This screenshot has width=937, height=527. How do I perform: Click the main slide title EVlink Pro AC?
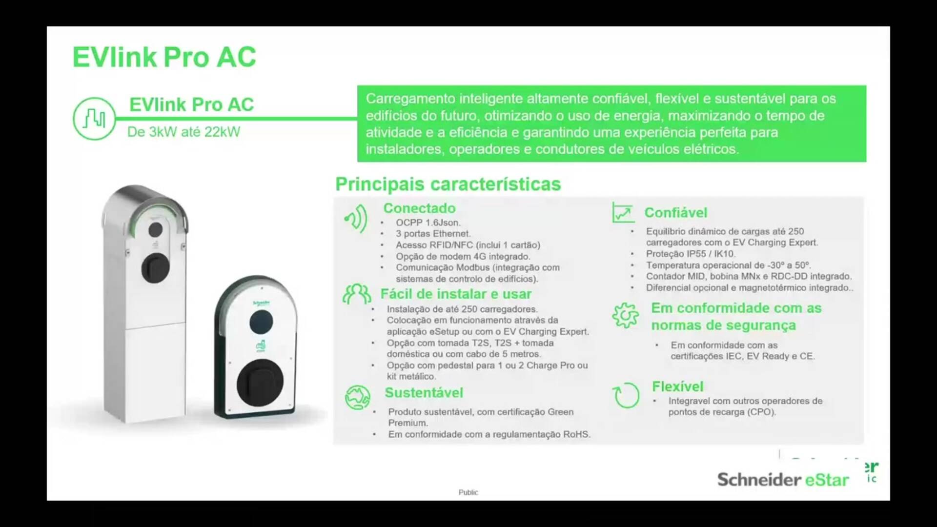[x=164, y=57]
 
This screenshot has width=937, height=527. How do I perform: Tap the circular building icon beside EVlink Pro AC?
[x=94, y=119]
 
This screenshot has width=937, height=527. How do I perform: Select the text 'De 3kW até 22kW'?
[x=183, y=132]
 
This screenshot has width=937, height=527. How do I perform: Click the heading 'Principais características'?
[x=448, y=184]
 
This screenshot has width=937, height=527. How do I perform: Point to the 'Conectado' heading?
[x=419, y=208]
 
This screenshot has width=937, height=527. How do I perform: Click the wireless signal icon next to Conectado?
[x=356, y=218]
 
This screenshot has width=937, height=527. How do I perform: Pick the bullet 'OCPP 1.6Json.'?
[x=428, y=223]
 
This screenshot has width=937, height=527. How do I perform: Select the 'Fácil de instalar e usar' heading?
[x=456, y=294]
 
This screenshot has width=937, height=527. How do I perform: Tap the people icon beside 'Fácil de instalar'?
[x=357, y=294]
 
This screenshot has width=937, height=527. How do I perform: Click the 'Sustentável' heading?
[x=424, y=392]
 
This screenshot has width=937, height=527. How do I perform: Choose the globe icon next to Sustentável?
[x=357, y=397]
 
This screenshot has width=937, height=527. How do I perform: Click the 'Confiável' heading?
[x=675, y=212]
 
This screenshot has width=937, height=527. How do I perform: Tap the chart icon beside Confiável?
[x=623, y=213]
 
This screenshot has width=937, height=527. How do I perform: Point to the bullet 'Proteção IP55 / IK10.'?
[x=691, y=254]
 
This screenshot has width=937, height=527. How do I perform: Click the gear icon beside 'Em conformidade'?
[x=625, y=315]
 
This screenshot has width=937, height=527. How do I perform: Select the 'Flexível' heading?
[x=677, y=386]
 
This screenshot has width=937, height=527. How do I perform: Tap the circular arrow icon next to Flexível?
[x=626, y=395]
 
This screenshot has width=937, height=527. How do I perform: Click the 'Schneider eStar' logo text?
[x=783, y=480]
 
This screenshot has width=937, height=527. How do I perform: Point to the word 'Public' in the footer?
[x=468, y=492]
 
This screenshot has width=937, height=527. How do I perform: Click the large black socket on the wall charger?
[x=260, y=382]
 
